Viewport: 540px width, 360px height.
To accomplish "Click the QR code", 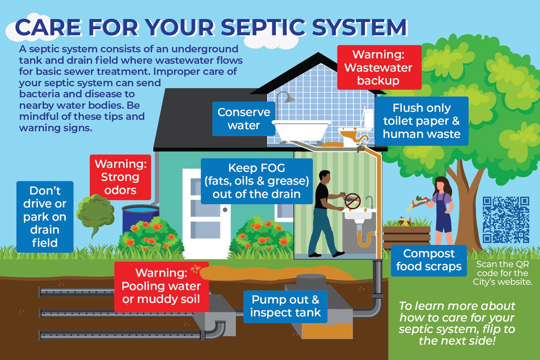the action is tap(505, 219).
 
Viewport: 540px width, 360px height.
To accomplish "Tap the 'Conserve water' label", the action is tap(243, 118).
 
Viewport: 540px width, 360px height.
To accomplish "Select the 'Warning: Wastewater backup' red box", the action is tap(379, 67).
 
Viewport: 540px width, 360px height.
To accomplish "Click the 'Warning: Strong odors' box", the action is tap(120, 176).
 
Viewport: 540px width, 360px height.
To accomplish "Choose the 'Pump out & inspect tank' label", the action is tap(286, 306).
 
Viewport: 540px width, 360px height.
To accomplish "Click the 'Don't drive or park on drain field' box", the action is tap(44, 216).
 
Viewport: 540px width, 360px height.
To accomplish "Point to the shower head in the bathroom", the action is tap(289, 97).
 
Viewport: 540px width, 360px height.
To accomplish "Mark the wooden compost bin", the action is tap(406, 234).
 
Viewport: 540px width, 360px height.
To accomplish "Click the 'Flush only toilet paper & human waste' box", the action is tap(421, 121).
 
